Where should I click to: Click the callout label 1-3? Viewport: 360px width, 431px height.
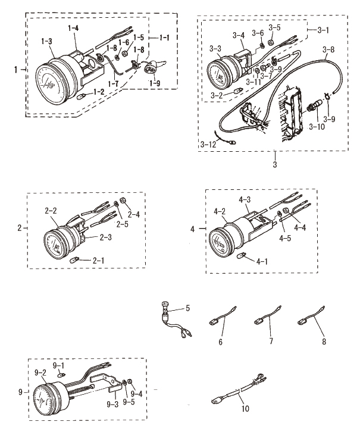point(47,42)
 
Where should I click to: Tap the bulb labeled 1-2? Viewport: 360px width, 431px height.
point(82,96)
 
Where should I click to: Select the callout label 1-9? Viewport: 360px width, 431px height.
point(155,83)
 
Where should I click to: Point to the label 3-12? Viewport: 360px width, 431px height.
point(208,145)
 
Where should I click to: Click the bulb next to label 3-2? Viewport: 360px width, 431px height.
point(237,90)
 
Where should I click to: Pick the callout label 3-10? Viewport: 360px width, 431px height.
point(317,127)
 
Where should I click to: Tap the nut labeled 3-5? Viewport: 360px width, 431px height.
point(270,43)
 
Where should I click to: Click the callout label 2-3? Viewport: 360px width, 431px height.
point(105,237)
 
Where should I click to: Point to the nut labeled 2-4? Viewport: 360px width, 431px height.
point(123,201)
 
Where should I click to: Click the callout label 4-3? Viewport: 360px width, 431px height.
point(245,199)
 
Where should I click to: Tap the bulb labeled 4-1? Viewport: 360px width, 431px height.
point(241,255)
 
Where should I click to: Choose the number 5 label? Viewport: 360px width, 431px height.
point(187,308)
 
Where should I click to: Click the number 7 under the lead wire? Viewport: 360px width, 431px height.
point(271,341)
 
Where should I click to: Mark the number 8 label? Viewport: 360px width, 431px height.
point(324,341)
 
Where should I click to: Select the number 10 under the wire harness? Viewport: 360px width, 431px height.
point(245,408)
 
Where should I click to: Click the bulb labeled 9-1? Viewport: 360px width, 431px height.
point(61,374)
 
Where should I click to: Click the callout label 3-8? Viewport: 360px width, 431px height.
point(328,50)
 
